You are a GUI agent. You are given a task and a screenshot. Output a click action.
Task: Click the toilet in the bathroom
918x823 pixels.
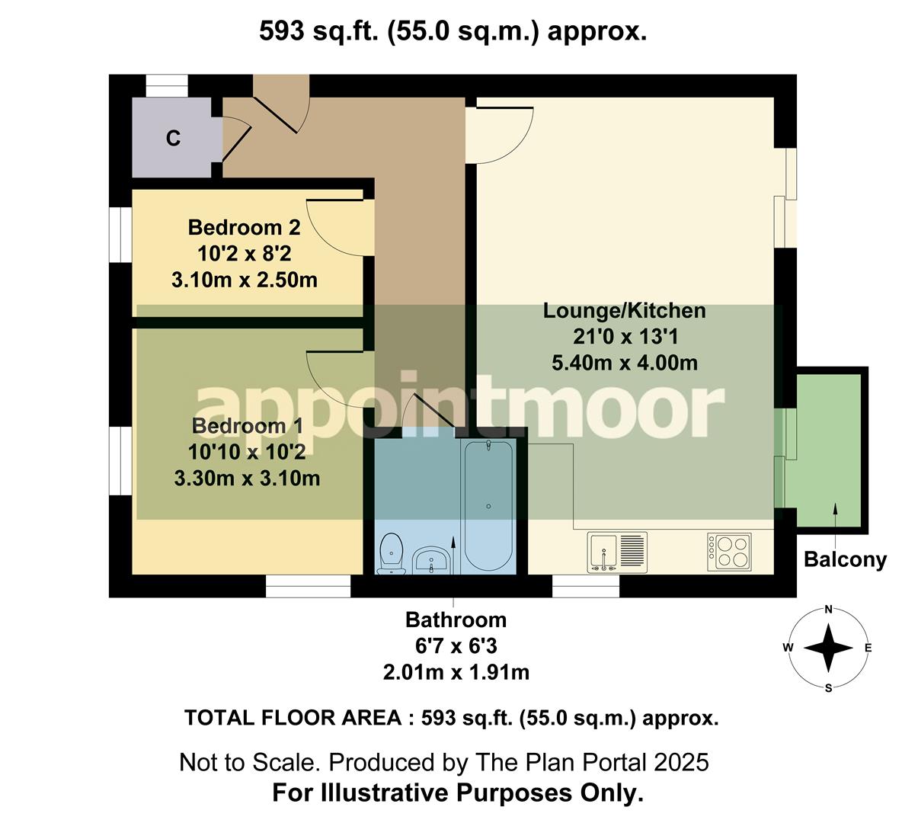click(x=391, y=552)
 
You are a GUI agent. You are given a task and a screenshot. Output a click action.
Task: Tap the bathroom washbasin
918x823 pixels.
click(x=433, y=562)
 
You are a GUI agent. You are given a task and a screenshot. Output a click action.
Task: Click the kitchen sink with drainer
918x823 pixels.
click(x=617, y=552)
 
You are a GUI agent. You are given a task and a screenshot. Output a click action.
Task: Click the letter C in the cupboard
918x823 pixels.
click(x=174, y=139)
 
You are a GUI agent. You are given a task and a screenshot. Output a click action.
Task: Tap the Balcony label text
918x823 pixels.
click(x=846, y=560)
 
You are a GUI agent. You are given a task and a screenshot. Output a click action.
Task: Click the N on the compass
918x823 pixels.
click(x=828, y=610)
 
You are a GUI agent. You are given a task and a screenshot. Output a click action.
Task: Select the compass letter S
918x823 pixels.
click(x=828, y=687)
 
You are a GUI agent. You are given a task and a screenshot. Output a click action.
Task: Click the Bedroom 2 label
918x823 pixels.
click(x=244, y=227)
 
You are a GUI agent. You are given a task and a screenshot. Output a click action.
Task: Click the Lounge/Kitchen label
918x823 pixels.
click(x=624, y=311)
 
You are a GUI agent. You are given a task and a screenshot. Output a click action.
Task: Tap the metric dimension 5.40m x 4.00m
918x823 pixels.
click(x=624, y=363)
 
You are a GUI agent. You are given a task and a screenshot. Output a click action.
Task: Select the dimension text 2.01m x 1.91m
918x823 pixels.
click(x=456, y=672)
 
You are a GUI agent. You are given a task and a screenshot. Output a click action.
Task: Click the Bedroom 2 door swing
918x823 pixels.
click(x=335, y=229)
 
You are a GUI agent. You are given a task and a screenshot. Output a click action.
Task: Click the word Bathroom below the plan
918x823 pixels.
click(x=456, y=620)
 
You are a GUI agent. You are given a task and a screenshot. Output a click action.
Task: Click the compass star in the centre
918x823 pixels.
click(x=828, y=648)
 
